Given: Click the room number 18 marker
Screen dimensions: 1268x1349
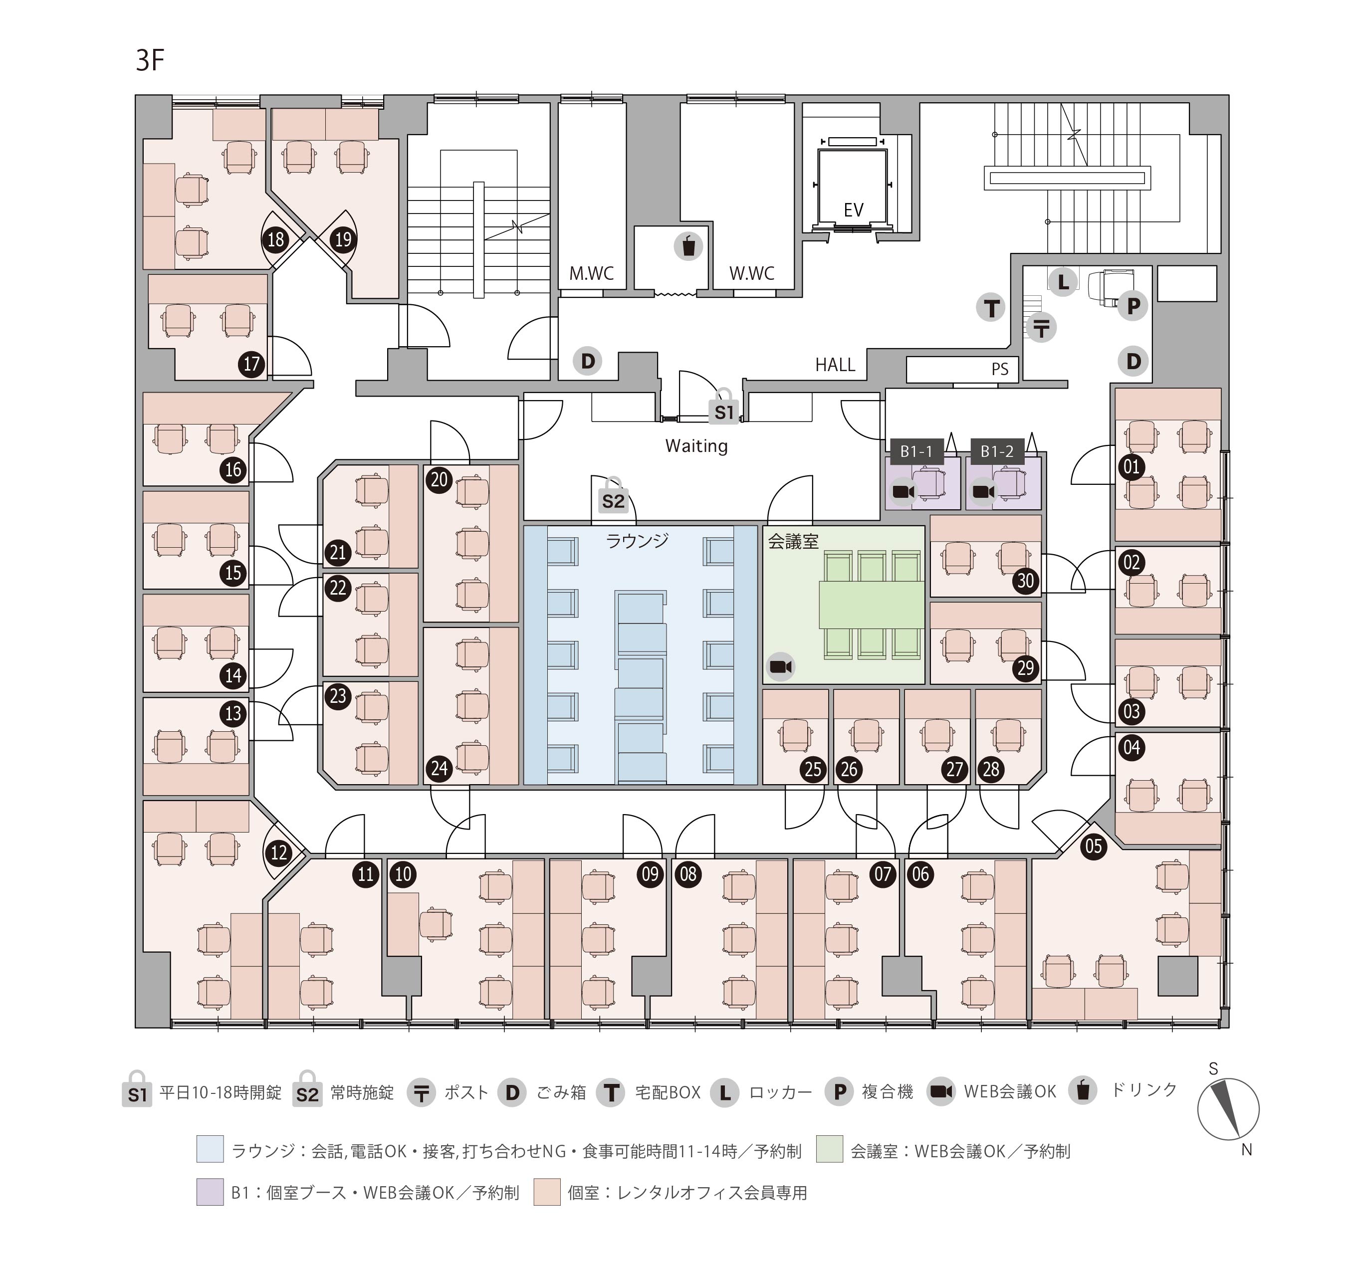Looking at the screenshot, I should click(x=275, y=239).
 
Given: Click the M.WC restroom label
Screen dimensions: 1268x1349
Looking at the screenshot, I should click(x=591, y=273).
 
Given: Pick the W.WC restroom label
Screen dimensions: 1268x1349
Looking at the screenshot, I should click(x=751, y=273).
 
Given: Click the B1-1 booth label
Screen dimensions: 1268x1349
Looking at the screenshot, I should click(x=916, y=451).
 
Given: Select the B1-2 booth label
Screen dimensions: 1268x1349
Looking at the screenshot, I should click(x=996, y=451).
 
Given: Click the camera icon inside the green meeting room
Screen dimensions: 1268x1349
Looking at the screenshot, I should click(x=780, y=667).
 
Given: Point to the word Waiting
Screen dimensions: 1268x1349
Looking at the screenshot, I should click(x=696, y=446).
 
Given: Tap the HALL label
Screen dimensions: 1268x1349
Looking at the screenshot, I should click(x=835, y=365).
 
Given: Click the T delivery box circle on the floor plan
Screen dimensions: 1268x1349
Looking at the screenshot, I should click(x=991, y=308).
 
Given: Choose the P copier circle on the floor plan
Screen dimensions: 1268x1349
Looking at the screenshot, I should click(x=1132, y=306).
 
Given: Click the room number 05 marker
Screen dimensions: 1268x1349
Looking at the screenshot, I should click(x=1093, y=846).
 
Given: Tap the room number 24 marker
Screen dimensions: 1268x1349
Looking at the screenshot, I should click(x=439, y=769).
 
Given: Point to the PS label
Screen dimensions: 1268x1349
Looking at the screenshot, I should click(x=1000, y=369).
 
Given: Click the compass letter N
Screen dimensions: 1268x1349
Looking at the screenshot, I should click(x=1246, y=1149).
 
